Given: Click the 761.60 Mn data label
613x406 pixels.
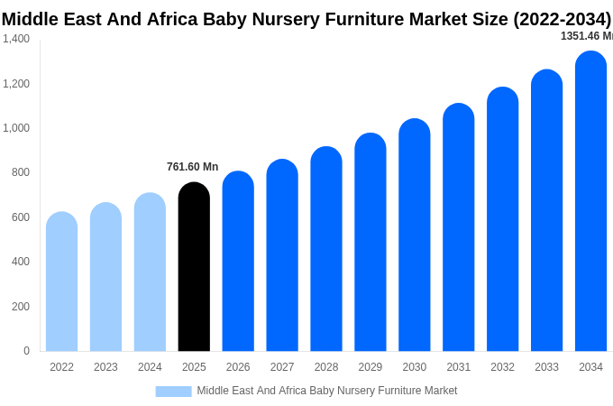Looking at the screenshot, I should click(x=192, y=167).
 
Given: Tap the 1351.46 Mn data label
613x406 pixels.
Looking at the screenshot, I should click(x=586, y=36).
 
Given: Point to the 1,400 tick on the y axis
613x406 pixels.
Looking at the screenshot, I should click(x=16, y=39).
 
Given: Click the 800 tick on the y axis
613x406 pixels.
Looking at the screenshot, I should click(x=21, y=172).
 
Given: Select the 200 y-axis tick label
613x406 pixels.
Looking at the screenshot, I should click(x=21, y=307).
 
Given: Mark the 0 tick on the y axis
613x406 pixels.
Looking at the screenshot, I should click(x=26, y=351).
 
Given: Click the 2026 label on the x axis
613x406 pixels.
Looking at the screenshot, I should click(x=238, y=367).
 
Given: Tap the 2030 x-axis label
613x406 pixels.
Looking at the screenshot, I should click(x=415, y=367).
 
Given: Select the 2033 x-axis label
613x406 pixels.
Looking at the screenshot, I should click(x=546, y=367).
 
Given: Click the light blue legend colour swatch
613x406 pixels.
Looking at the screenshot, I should click(x=173, y=392).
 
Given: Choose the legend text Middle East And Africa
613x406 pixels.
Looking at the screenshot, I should click(x=252, y=391).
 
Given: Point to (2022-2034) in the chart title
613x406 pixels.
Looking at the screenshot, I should click(x=563, y=19).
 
